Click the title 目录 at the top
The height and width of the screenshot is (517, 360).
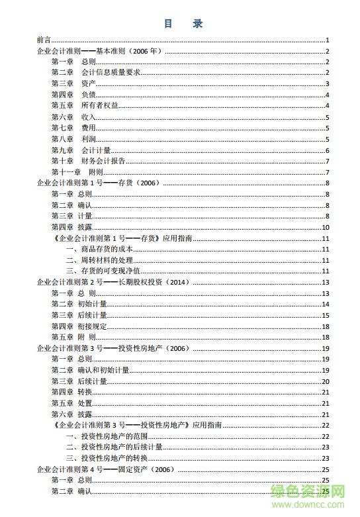pyautogui.click(x=183, y=24)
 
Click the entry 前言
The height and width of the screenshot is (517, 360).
pyautogui.click(x=44, y=40)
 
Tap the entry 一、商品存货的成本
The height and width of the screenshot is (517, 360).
pyautogui.click(x=100, y=249)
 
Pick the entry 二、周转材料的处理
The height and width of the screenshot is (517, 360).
pyautogui.click(x=100, y=260)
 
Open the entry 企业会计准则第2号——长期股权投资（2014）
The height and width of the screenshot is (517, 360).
pyautogui.click(x=113, y=282)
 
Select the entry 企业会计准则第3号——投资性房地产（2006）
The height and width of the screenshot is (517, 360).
pyautogui.click(x=113, y=348)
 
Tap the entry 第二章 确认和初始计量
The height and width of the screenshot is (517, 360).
pyautogui.click(x=90, y=370)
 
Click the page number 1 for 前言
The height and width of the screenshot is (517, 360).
pyautogui.click(x=327, y=40)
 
